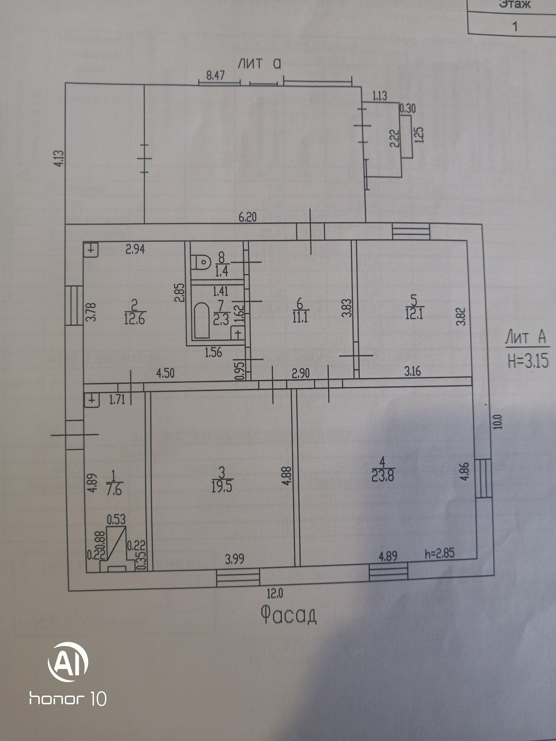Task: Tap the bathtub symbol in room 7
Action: pos(202,320)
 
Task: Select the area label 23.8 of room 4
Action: pos(383,476)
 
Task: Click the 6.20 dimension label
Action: pos(247,217)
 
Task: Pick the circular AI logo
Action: pos(68,657)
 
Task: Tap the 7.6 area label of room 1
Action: pos(114,491)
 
